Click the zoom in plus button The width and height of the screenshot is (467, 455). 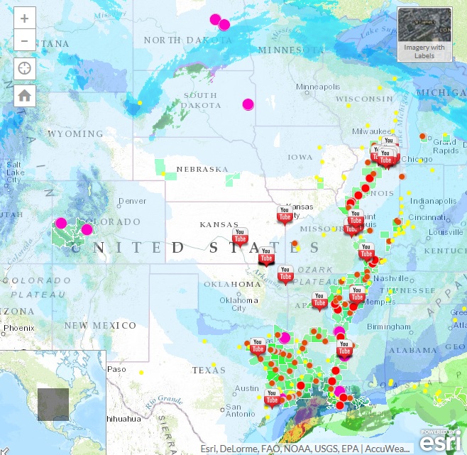25,19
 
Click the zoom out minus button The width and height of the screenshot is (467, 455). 25,40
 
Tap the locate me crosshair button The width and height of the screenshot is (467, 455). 25,69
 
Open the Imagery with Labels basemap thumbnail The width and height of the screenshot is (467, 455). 424,34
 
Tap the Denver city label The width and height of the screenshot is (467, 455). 132,201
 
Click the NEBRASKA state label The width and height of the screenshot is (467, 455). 202,169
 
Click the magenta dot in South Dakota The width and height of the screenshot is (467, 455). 248,104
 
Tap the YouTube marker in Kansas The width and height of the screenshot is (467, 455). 241,236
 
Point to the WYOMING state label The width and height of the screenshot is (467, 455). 75,133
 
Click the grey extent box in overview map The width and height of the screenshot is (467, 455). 53,404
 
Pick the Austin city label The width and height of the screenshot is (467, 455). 247,388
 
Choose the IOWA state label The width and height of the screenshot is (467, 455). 300,157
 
